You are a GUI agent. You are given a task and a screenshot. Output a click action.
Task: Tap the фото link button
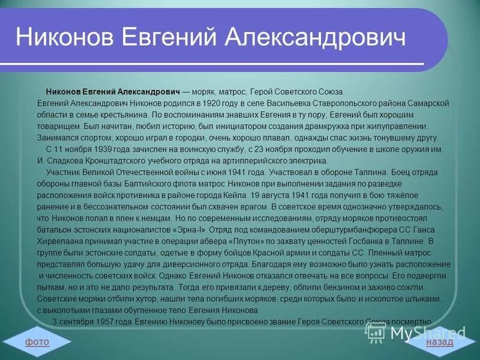tap(37, 341)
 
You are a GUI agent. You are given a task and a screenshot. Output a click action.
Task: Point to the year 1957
tap(99, 322)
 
